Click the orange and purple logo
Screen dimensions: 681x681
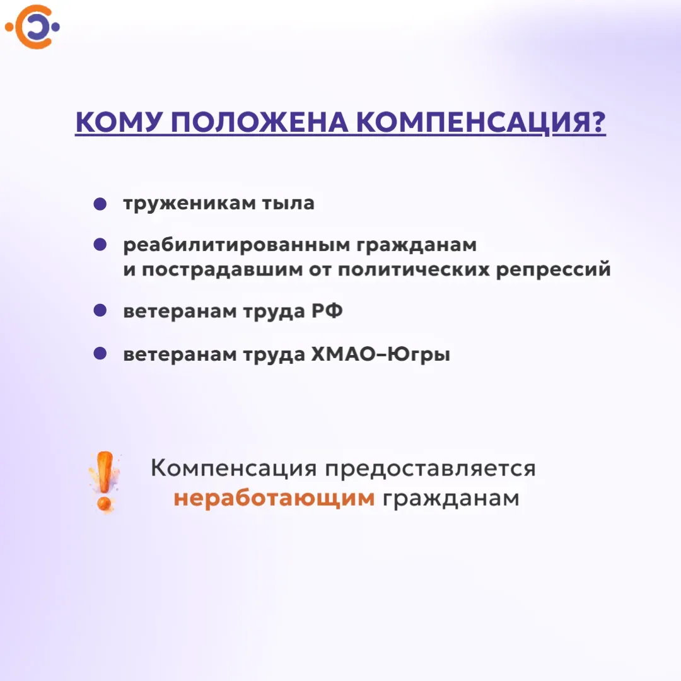click(33, 27)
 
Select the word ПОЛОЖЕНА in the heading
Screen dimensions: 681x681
click(260, 122)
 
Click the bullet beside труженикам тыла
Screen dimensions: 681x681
click(100, 204)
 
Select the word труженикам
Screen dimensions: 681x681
click(189, 204)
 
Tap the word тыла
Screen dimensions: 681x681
click(288, 203)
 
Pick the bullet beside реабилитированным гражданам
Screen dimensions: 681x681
click(100, 244)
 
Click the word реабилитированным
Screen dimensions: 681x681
click(236, 245)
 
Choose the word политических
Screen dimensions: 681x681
click(414, 270)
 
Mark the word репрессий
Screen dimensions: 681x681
click(554, 270)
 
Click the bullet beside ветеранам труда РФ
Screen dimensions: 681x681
click(100, 310)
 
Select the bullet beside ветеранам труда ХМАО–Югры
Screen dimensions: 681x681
click(100, 353)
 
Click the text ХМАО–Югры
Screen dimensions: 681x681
click(380, 354)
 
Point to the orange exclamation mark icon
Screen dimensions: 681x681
click(105, 482)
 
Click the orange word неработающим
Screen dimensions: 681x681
click(274, 498)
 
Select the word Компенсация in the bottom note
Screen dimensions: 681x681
click(234, 469)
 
